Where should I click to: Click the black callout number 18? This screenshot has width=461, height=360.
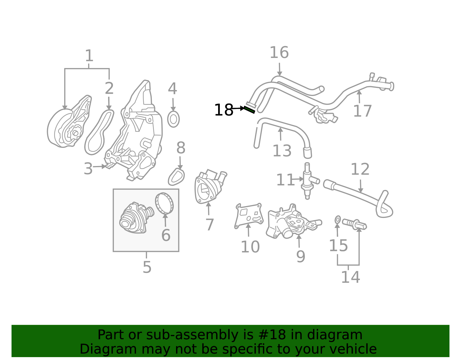tap(223, 110)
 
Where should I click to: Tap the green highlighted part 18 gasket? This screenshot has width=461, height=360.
tap(249, 110)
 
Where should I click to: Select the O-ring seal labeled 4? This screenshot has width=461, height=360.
tap(173, 119)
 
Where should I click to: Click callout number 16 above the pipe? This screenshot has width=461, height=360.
tap(279, 53)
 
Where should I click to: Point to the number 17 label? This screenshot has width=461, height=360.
tap(362, 111)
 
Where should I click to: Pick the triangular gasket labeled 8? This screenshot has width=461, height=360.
tap(176, 177)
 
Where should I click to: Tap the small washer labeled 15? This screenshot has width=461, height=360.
tap(338, 220)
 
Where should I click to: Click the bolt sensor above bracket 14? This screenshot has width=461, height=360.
tap(354, 224)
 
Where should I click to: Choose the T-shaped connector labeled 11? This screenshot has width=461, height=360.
tap(308, 181)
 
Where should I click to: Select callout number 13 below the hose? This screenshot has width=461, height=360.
tap(282, 151)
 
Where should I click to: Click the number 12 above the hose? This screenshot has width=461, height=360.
tap(360, 169)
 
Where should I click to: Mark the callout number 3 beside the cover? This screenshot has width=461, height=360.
tap(88, 169)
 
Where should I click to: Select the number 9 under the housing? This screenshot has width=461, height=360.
tap(300, 256)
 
